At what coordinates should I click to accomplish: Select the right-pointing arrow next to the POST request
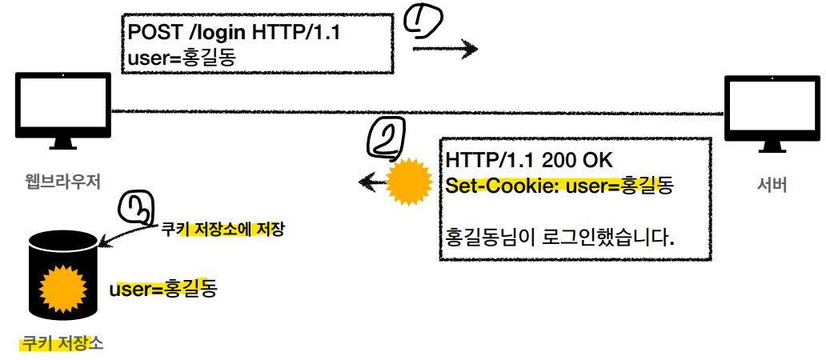[445, 50]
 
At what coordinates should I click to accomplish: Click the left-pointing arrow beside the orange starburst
[371, 183]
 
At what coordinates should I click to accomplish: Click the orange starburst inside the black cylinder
[62, 287]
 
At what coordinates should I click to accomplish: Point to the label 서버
[772, 186]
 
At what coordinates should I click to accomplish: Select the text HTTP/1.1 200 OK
[529, 159]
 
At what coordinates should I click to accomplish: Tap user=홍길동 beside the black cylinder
[163, 288]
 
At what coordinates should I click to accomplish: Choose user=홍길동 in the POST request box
[182, 58]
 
